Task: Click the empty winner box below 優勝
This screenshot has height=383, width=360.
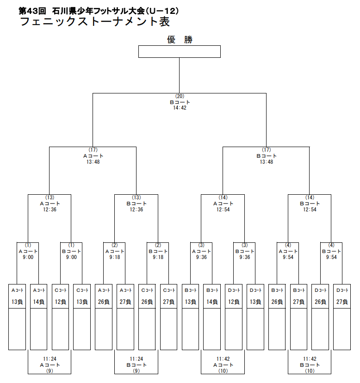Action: point(180,51)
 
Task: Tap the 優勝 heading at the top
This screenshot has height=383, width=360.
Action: point(180,40)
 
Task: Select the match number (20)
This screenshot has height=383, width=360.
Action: point(180,96)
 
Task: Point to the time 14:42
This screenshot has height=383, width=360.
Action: point(180,108)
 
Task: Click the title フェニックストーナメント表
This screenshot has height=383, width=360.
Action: point(95,21)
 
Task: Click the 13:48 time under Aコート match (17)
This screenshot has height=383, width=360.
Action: point(93,162)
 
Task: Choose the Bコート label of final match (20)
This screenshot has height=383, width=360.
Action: point(180,102)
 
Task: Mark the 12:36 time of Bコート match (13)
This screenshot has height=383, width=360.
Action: point(137,210)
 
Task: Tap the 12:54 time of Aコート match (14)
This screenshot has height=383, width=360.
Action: point(223,210)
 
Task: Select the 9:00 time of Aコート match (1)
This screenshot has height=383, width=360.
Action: point(28,257)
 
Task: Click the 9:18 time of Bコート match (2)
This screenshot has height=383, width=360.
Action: point(158,257)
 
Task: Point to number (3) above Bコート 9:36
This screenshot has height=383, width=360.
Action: point(244,245)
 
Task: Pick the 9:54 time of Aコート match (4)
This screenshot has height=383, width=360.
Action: point(288,257)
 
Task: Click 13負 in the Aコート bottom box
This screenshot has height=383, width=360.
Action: point(17,302)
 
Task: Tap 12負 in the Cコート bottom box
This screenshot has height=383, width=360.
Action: point(60,302)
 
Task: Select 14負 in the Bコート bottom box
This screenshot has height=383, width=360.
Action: point(212,302)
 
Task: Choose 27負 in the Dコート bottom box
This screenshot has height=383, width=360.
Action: point(342,302)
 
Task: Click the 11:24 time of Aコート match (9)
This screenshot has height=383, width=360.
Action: point(50,359)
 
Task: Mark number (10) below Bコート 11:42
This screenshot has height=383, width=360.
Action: point(310,371)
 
